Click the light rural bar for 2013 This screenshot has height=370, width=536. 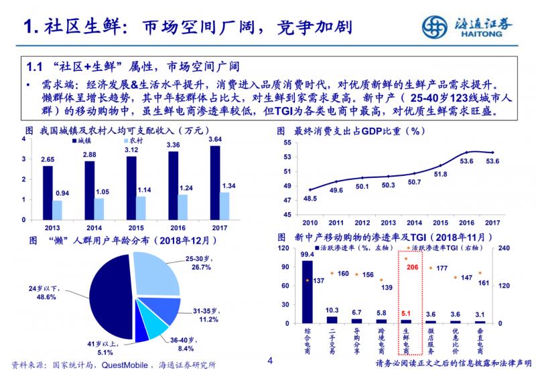pyautogui.click(x=57, y=210)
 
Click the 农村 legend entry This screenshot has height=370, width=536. pyautogui.click(x=129, y=141)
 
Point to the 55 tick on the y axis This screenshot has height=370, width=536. pyautogui.click(x=287, y=143)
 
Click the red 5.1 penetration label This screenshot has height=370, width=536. pyautogui.click(x=407, y=312)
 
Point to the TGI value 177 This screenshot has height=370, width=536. pyautogui.click(x=442, y=268)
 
